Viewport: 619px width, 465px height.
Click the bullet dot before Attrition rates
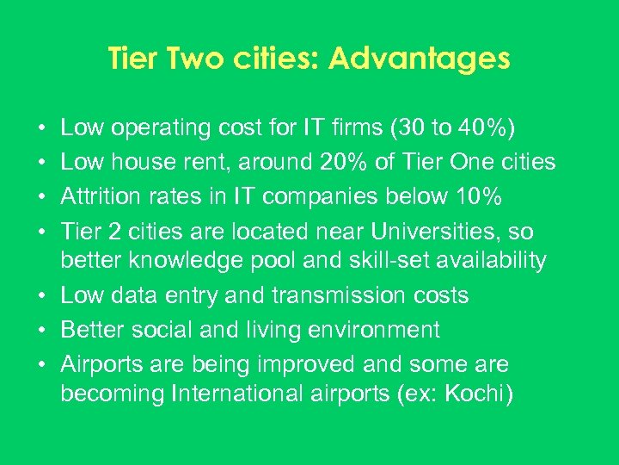click(42, 196)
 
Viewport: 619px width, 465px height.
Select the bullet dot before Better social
click(42, 330)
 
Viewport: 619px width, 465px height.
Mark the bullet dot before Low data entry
click(42, 296)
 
